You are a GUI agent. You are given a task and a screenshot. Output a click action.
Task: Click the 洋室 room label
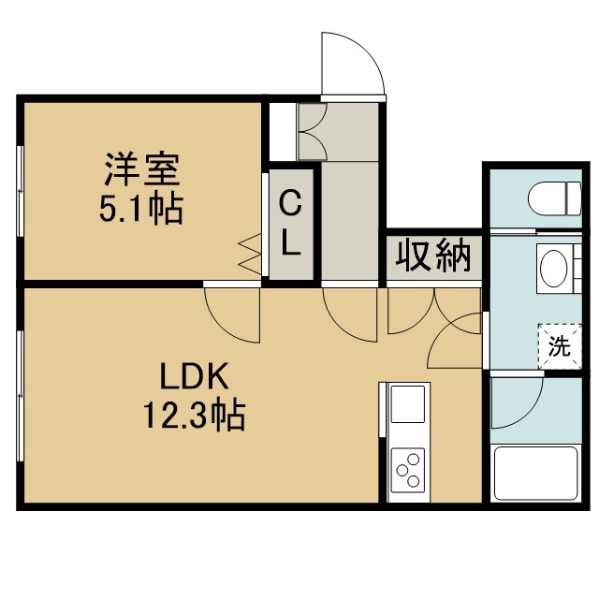[142, 169]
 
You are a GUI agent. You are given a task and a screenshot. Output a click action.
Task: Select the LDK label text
[194, 375]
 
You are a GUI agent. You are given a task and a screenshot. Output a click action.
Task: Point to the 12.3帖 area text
[194, 415]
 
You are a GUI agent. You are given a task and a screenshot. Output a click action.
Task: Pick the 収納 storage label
[433, 256]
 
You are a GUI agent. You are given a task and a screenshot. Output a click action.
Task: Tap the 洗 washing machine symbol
[560, 346]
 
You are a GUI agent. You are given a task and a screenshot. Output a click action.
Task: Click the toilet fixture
[555, 198]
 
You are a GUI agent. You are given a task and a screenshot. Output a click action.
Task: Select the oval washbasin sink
[554, 269]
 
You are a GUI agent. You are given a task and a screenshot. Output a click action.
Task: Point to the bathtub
[536, 474]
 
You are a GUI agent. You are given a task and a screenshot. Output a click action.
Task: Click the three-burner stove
[408, 471]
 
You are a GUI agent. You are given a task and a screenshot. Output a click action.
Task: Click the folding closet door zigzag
[249, 254]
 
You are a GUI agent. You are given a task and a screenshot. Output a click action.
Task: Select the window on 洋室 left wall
[20, 191]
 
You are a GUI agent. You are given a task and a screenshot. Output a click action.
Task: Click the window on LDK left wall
[20, 396]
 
